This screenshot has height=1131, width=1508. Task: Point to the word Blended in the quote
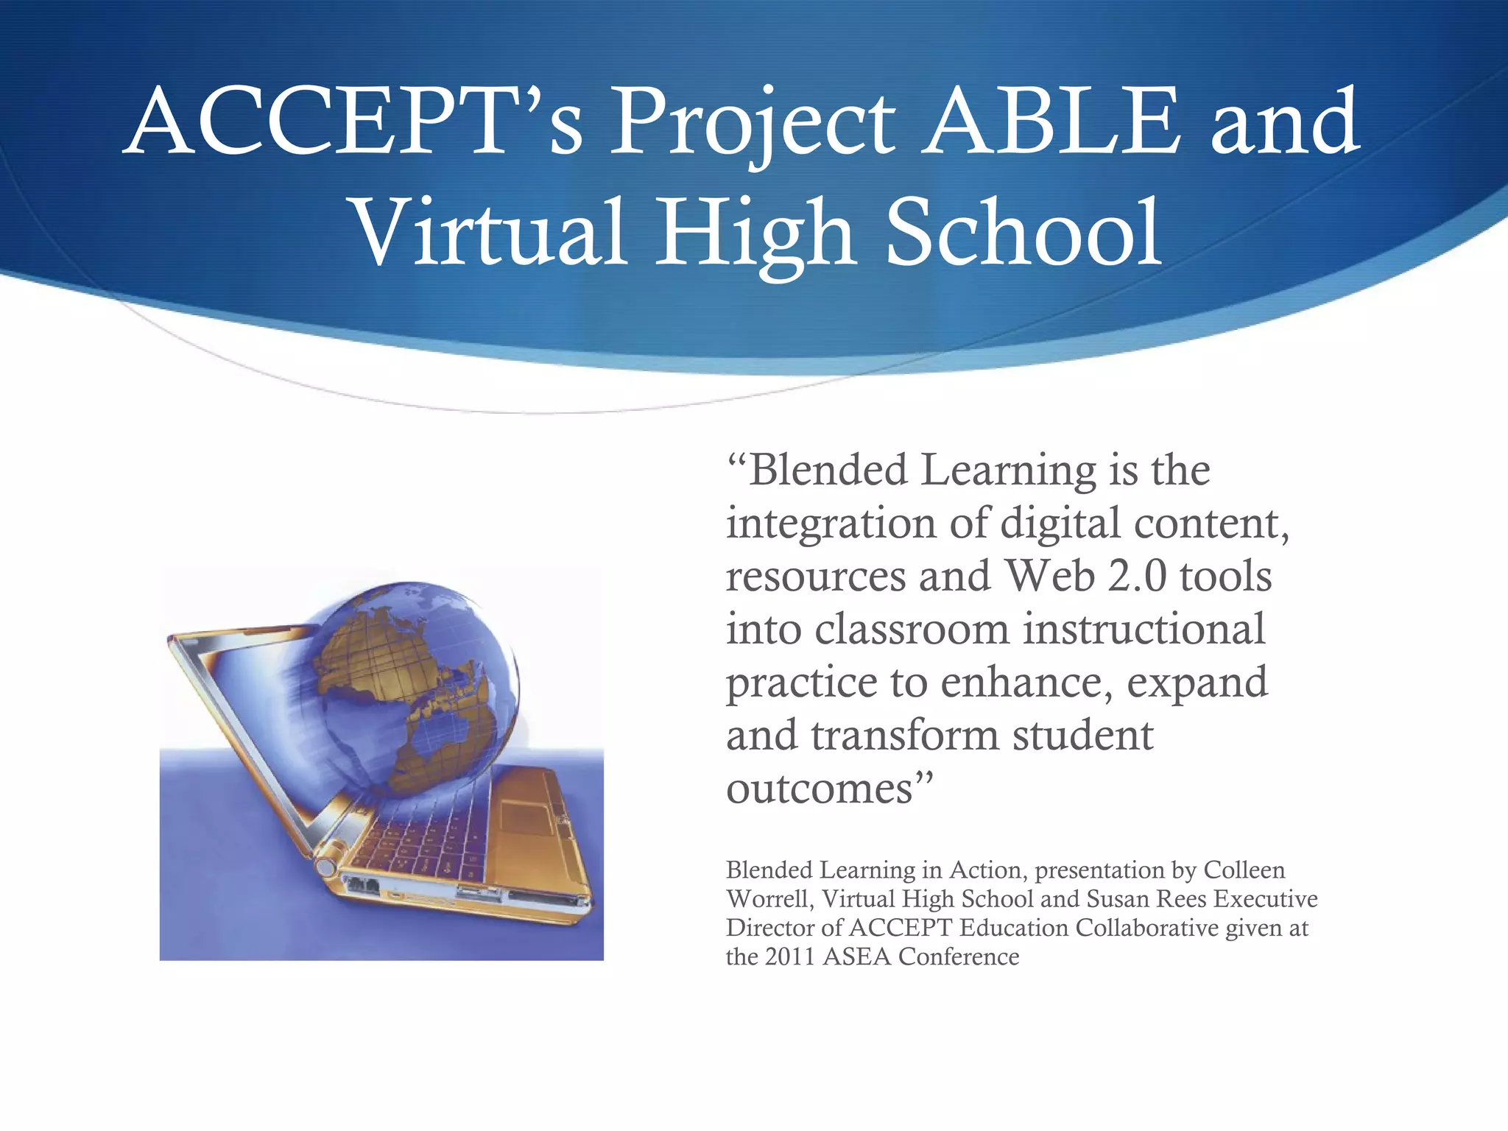[828, 471]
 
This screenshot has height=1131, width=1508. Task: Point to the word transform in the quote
[904, 736]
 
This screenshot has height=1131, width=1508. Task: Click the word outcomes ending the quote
[820, 789]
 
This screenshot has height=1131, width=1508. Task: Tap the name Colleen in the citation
[1244, 870]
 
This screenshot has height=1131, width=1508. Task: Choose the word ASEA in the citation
[856, 957]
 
